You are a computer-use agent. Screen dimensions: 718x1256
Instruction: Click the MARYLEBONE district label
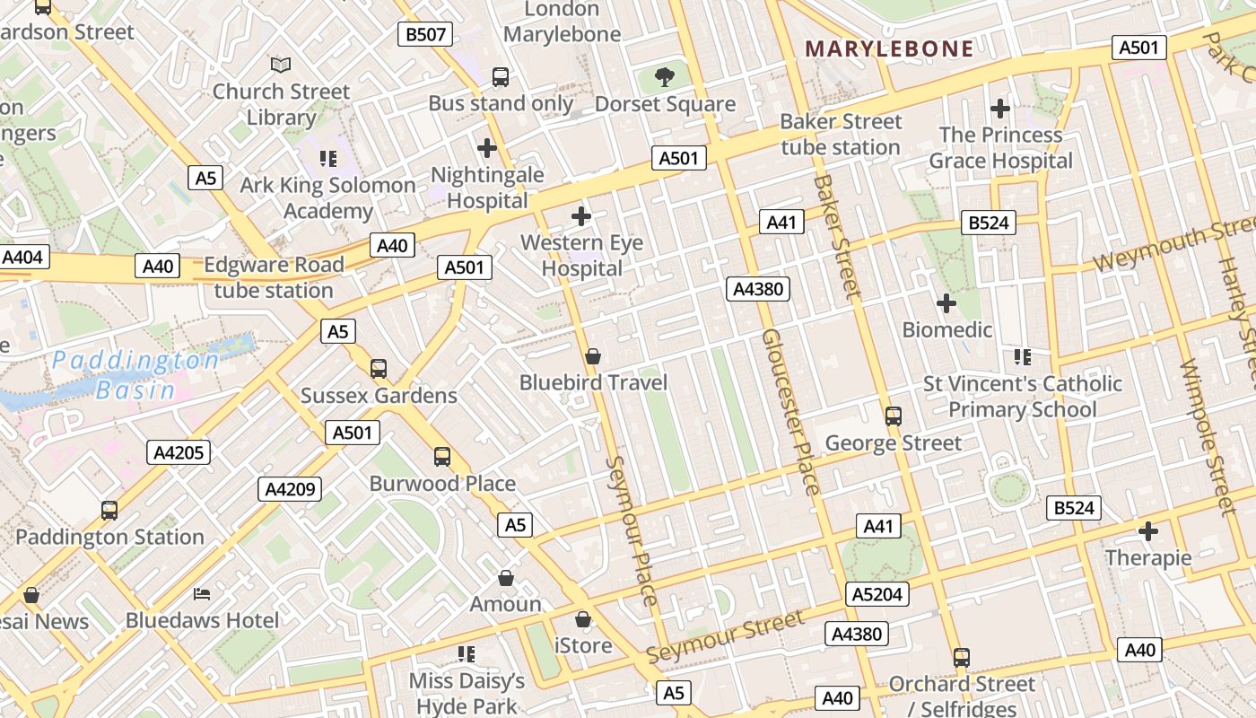click(x=889, y=48)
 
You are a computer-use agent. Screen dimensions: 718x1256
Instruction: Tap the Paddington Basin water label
click(x=135, y=375)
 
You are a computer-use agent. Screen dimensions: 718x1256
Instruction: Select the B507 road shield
click(x=425, y=35)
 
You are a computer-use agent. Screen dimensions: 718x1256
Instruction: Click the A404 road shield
click(x=22, y=258)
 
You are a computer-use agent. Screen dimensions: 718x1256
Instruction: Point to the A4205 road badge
click(x=179, y=452)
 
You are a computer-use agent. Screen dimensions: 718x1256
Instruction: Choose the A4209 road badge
click(x=290, y=489)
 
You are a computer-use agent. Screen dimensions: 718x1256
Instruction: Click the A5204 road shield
click(x=877, y=594)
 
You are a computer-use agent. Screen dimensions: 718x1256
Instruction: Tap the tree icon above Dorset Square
click(x=665, y=77)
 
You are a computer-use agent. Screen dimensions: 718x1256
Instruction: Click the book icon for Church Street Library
click(x=281, y=65)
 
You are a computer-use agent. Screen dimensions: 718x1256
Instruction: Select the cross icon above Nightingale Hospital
click(x=487, y=147)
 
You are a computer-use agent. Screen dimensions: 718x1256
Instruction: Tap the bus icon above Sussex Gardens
click(x=379, y=368)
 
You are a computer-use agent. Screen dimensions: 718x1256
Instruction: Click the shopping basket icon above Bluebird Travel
click(x=592, y=356)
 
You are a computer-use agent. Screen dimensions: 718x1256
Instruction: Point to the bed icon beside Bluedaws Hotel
click(x=202, y=593)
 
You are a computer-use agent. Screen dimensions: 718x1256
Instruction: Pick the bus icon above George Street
click(x=893, y=416)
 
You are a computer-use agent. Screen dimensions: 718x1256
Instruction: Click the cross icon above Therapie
click(x=1148, y=531)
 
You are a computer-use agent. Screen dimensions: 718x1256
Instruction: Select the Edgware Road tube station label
click(x=274, y=277)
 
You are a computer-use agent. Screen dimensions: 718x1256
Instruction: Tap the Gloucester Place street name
click(x=790, y=412)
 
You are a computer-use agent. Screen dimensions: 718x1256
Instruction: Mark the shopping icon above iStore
click(x=583, y=619)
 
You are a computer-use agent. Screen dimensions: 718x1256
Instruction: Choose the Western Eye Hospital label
click(x=581, y=256)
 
